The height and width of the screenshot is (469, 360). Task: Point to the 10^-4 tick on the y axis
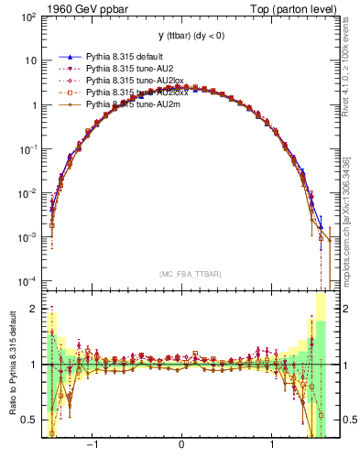pyautogui.click(x=28, y=280)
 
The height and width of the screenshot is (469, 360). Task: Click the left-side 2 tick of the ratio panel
pyautogui.click(x=34, y=309)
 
